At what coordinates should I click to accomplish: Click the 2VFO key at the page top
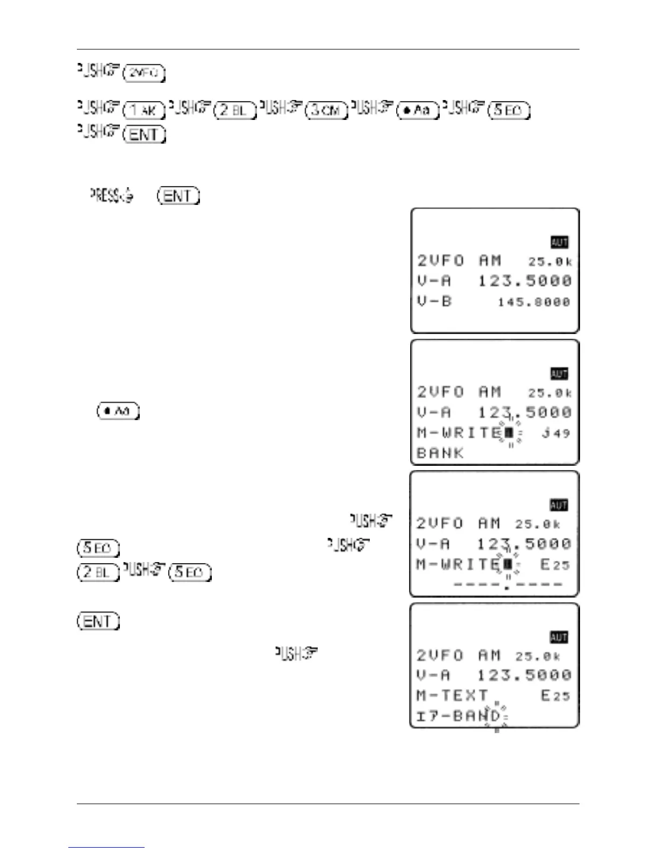point(144,73)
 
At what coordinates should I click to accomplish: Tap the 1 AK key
point(144,110)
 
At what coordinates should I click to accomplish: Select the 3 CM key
point(326,110)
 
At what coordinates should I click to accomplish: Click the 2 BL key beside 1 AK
point(234,110)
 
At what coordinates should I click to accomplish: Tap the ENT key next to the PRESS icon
point(178,196)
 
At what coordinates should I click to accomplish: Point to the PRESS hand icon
point(112,195)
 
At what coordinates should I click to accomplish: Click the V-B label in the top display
point(434,301)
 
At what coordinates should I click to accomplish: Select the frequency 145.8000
point(534,302)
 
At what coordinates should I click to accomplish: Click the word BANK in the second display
point(440,453)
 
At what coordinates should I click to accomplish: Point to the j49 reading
point(556,433)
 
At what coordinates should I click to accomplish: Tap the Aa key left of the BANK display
point(118,411)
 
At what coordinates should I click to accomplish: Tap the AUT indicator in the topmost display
point(559,243)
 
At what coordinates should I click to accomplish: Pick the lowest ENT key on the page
point(98,622)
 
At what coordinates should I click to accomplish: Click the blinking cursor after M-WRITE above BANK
point(509,432)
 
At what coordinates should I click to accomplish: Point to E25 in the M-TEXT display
point(555,696)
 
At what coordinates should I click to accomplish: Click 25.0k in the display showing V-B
point(549,262)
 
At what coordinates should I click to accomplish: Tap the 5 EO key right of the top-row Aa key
point(508,110)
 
